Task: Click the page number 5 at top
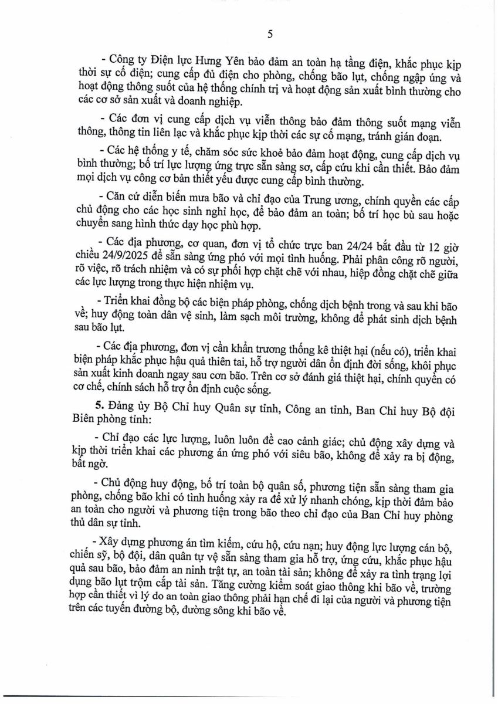point(270,33)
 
